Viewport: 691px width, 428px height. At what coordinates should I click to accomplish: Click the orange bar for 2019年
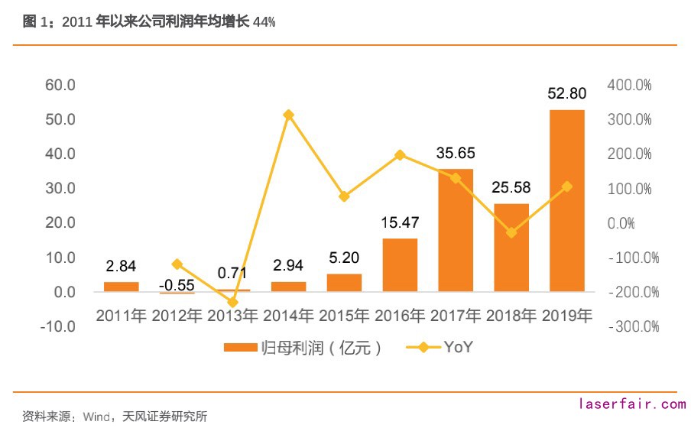566,200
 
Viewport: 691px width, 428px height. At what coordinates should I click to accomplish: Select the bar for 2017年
456,230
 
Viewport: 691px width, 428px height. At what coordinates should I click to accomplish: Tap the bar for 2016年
400,265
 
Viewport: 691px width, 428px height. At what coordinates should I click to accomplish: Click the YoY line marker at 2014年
288,115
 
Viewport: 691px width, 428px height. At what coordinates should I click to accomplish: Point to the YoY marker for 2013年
233,303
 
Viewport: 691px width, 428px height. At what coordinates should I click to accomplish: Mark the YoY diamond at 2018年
511,232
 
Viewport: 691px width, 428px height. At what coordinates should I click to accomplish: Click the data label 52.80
566,94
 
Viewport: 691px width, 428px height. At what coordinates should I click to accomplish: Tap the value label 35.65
456,154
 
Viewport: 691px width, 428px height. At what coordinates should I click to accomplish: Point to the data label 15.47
400,223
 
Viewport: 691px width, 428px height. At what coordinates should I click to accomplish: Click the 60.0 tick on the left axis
60,85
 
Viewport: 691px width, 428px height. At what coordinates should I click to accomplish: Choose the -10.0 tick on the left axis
58,326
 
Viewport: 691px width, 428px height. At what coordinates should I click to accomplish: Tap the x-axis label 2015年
344,315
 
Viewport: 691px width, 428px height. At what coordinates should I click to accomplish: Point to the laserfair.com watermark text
633,404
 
